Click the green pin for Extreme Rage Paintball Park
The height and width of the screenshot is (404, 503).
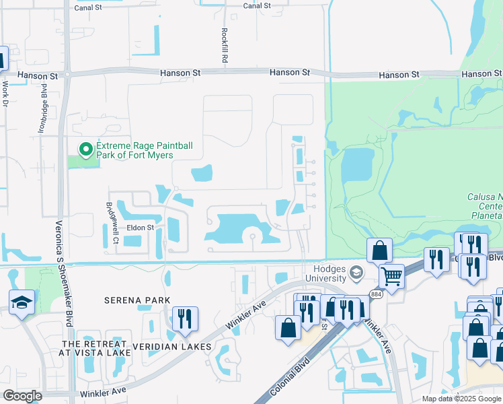(x=85, y=149)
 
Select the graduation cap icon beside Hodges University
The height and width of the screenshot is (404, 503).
(x=356, y=273)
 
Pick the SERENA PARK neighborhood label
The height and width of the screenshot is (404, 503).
(x=137, y=300)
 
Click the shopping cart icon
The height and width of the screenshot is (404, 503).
(x=391, y=275)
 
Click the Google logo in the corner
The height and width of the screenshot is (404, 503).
(x=22, y=395)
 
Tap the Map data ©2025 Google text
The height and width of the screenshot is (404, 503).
(x=461, y=399)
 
